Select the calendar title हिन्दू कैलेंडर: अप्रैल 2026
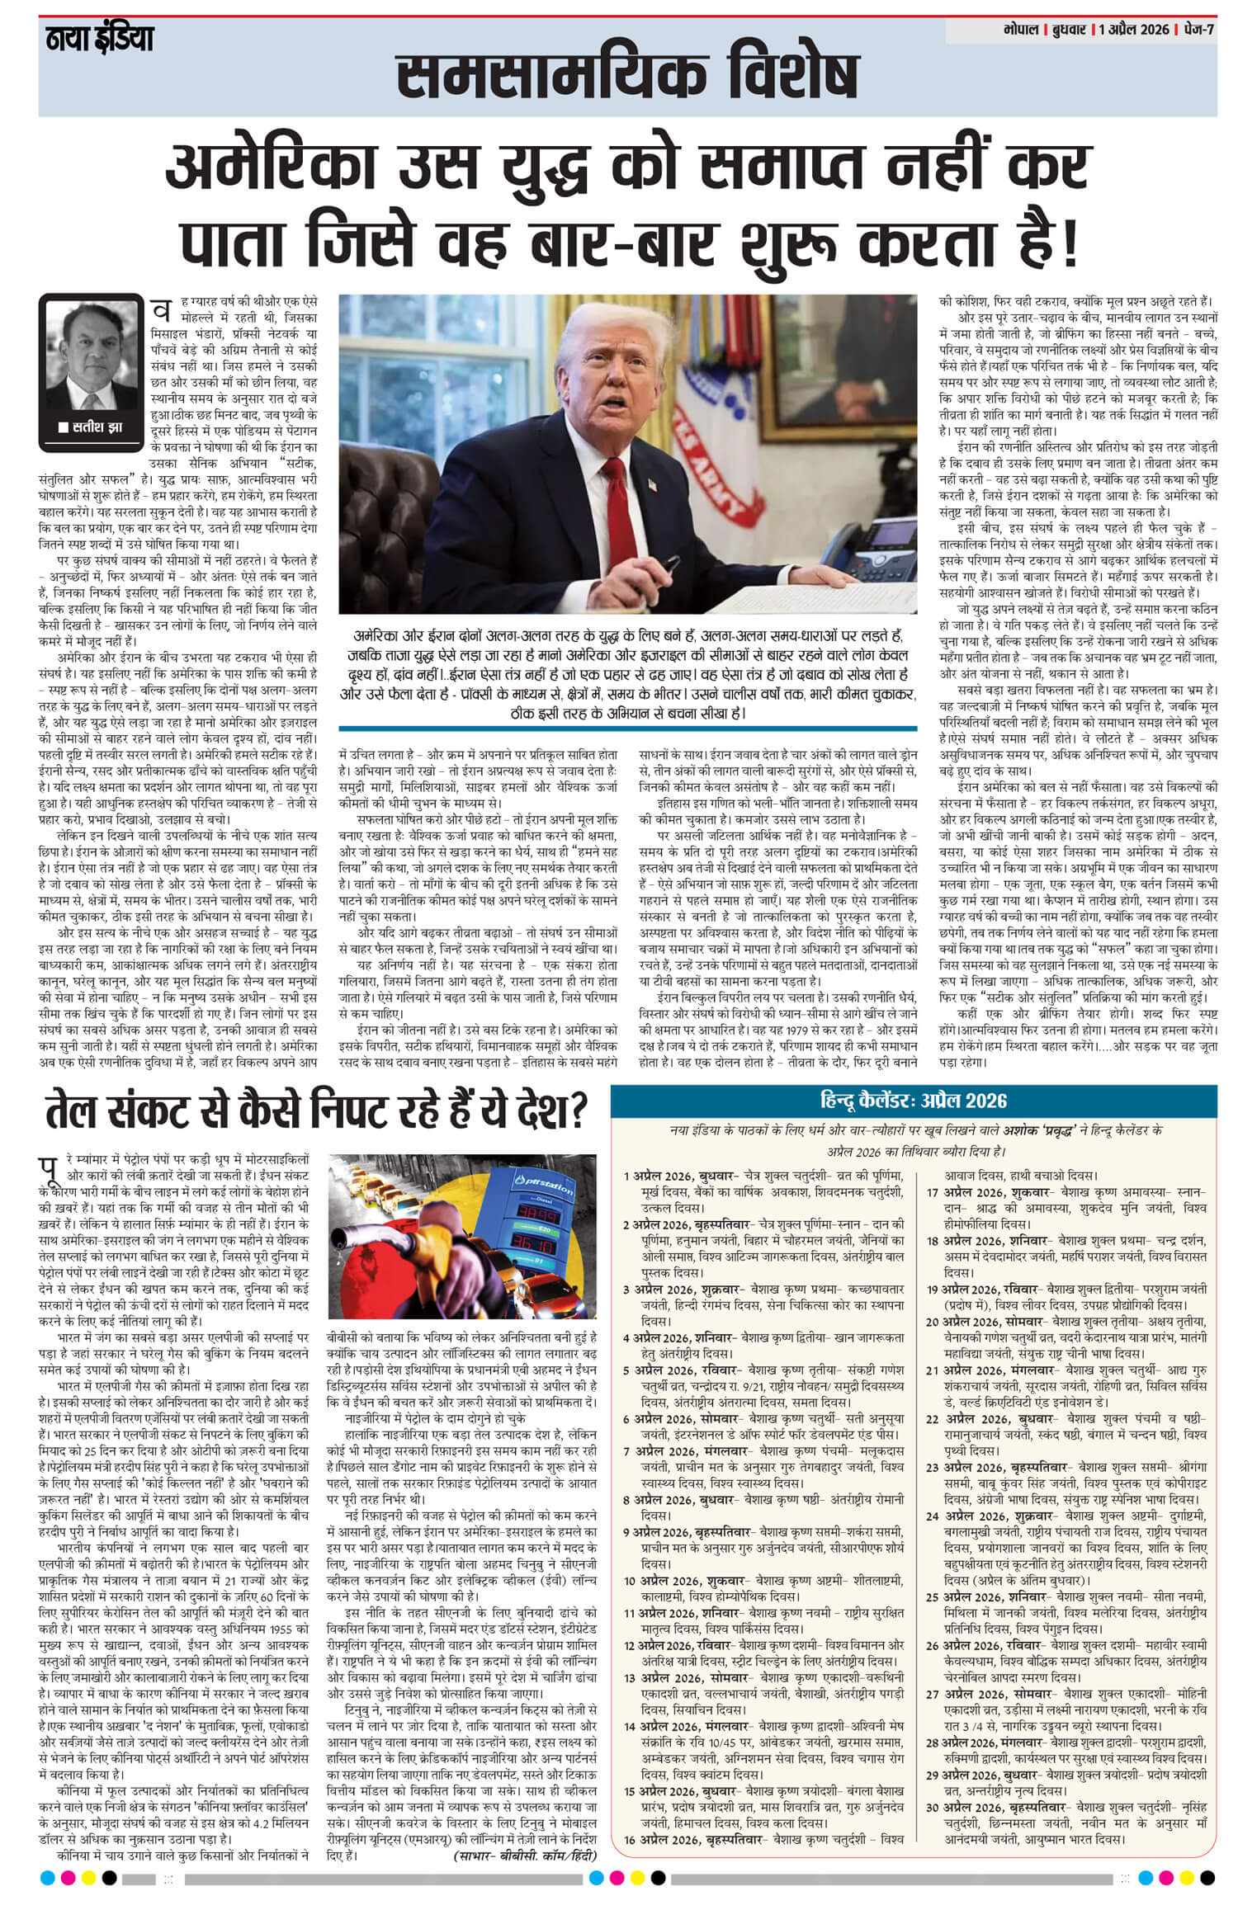coord(913,1100)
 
